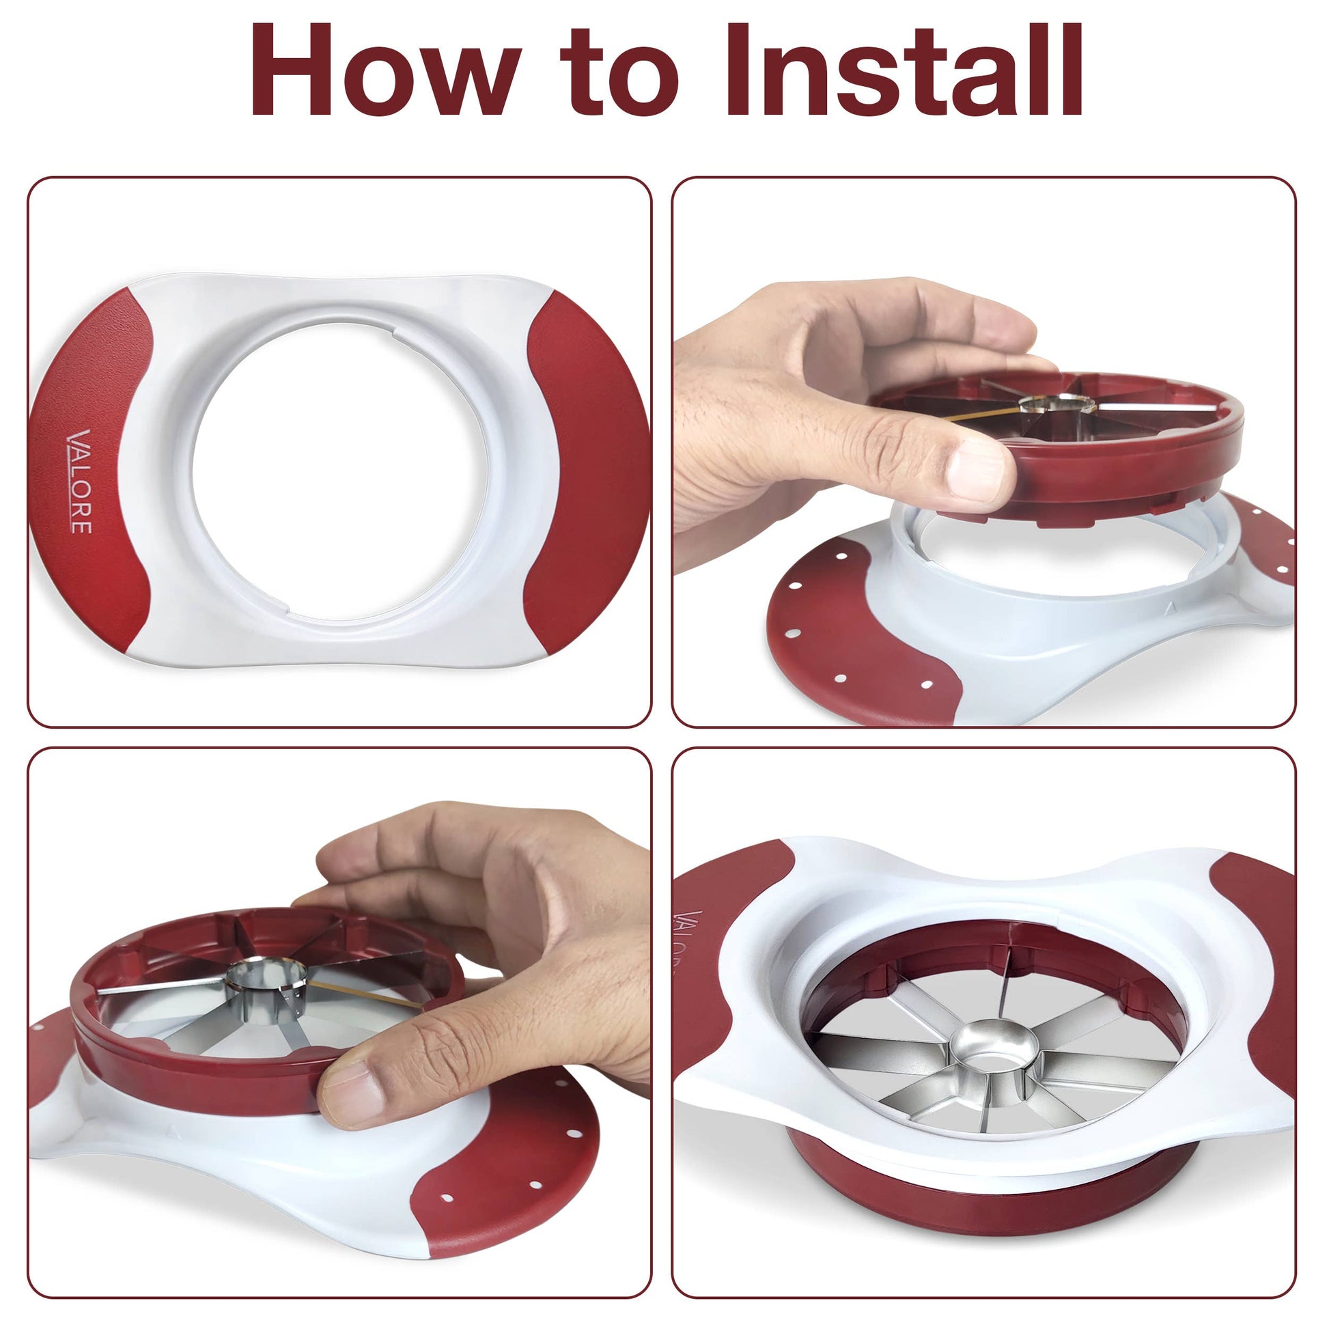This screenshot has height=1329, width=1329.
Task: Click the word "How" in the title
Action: pyautogui.click(x=386, y=71)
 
